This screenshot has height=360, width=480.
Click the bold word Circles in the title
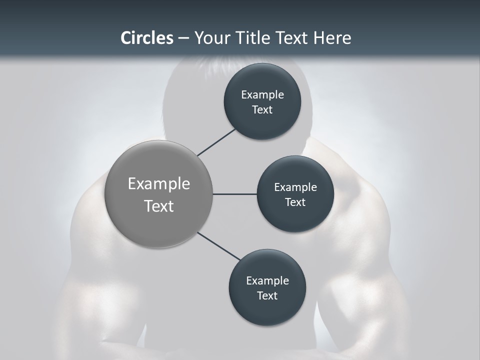point(146,38)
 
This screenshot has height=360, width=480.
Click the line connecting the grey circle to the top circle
point(216,141)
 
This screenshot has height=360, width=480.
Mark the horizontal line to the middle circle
point(234,194)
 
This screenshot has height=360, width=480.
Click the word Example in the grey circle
point(159,184)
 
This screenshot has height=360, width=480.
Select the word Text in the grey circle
point(159,206)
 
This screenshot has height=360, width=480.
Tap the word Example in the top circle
point(262,94)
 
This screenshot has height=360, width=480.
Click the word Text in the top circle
point(262,109)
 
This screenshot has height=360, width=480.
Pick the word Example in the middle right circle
point(295,187)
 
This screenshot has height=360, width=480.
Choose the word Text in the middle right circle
point(295,202)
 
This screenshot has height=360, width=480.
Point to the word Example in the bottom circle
point(267,280)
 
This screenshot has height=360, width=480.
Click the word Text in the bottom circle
point(267,295)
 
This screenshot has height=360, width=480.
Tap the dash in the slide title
point(183,38)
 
